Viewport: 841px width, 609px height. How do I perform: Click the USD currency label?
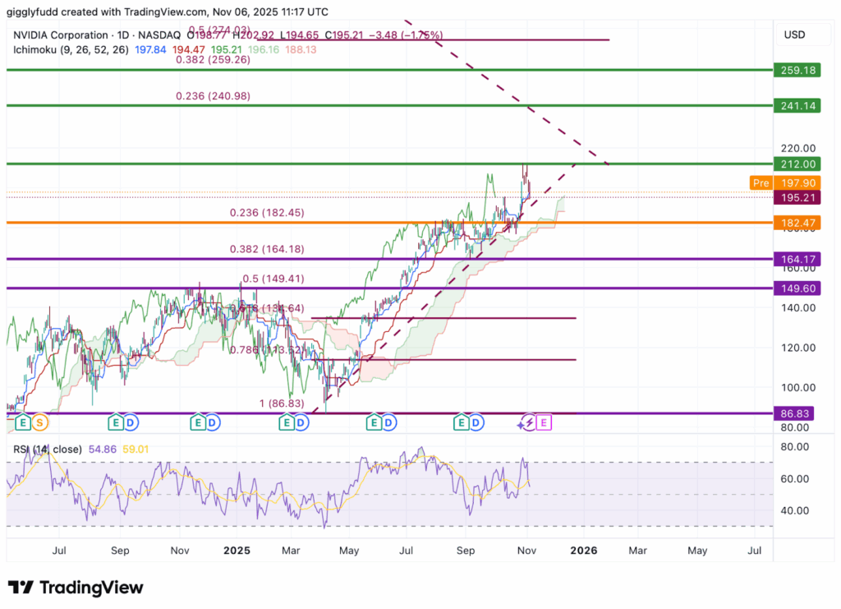tap(794, 35)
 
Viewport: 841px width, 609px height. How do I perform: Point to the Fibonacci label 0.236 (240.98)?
tap(213, 96)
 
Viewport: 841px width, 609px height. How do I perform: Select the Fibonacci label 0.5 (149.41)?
tap(273, 278)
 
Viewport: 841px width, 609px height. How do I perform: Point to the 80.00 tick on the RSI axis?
tap(793, 447)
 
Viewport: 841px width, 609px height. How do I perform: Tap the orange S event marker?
tap(40, 422)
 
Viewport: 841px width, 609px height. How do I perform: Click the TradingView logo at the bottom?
tap(76, 588)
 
